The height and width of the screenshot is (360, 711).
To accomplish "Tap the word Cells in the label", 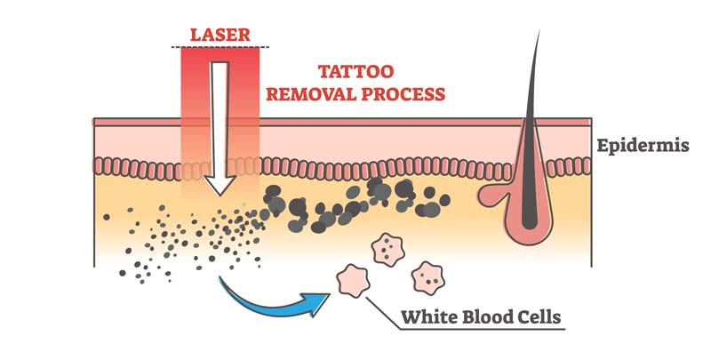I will coord(539,316).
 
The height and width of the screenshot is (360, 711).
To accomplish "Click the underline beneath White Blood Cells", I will coord(480,332).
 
